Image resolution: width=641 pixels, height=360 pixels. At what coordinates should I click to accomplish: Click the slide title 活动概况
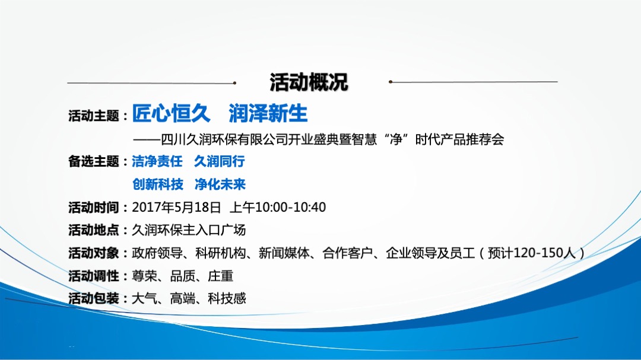pos(309,82)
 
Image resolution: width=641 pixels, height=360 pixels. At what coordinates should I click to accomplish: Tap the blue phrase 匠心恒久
pos(168,113)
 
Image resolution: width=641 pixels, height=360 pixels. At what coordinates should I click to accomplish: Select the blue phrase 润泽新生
pos(268,113)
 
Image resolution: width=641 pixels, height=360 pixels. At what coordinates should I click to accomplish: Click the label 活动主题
pos(94,116)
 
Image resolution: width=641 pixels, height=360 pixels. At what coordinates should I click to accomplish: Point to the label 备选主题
pos(94,161)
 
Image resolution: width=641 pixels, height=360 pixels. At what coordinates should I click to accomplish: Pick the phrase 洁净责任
pos(157,161)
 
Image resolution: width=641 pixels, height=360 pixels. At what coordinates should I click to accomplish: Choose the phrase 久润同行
pos(220,161)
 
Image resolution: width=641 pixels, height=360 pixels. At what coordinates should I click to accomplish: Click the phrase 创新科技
pos(157,184)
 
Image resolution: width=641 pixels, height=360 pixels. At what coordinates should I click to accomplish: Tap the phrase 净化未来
pos(220,184)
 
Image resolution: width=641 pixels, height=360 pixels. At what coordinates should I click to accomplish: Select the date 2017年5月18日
pos(176,208)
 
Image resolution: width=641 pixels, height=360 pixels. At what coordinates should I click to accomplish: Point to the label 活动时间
pos(94,208)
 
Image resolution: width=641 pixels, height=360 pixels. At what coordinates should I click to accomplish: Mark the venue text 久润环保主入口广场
pos(189,230)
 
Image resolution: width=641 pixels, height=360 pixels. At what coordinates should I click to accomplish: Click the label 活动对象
pos(94,253)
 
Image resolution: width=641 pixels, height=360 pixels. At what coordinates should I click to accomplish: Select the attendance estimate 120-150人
pos(545,253)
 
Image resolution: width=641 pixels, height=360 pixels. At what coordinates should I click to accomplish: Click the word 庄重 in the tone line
pos(221,276)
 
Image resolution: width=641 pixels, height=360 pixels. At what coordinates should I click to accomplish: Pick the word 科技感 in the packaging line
pos(227,298)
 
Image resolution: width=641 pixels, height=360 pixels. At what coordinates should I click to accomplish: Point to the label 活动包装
pos(94,298)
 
